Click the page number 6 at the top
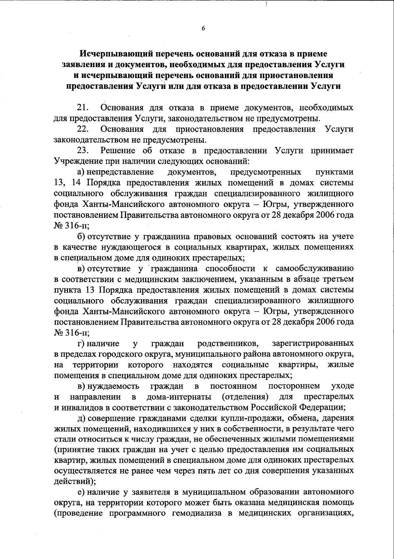pyautogui.click(x=203, y=29)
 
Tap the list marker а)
pyautogui.click(x=81, y=172)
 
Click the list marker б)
pyautogui.click(x=81, y=236)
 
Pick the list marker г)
pyautogui.click(x=81, y=343)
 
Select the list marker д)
pyautogui.click(x=81, y=418)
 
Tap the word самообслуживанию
pyautogui.click(x=315, y=269)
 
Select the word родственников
pyautogui.click(x=228, y=343)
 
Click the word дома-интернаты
pyautogui.click(x=179, y=397)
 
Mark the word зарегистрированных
pyautogui.click(x=313, y=343)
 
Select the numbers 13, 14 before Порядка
pyautogui.click(x=66, y=183)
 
